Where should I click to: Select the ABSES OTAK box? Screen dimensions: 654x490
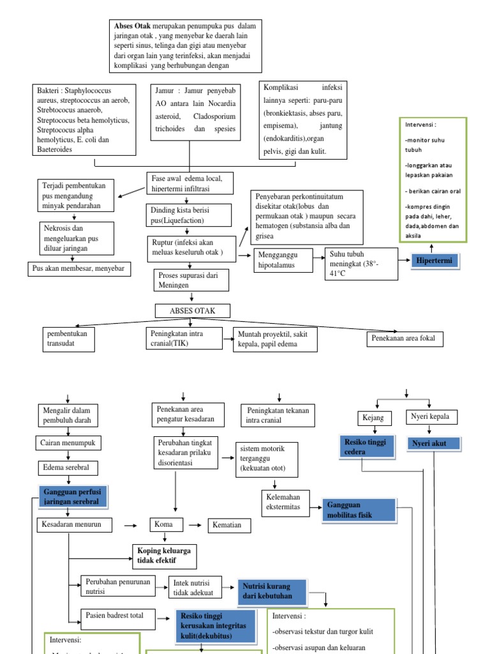[193, 311]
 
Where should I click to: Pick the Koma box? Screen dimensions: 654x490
[166, 525]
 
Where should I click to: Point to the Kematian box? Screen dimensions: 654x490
[229, 526]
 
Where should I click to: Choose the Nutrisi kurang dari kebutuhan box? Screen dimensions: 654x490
[272, 591]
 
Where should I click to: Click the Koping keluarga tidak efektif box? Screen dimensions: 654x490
[165, 556]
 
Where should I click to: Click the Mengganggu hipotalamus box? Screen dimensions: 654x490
[285, 260]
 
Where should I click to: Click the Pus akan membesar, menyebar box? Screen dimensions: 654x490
[80, 269]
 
